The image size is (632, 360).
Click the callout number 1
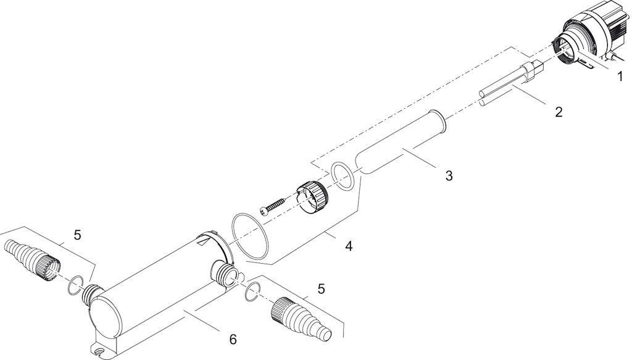click(x=620, y=76)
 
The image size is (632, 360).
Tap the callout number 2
click(x=558, y=112)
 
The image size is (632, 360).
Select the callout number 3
click(x=449, y=175)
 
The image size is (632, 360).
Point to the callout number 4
click(x=349, y=246)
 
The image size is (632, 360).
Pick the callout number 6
click(x=233, y=340)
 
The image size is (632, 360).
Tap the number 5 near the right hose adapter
click(x=321, y=288)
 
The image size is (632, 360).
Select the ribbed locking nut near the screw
click(x=312, y=197)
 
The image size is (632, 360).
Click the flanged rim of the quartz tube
click(x=438, y=122)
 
